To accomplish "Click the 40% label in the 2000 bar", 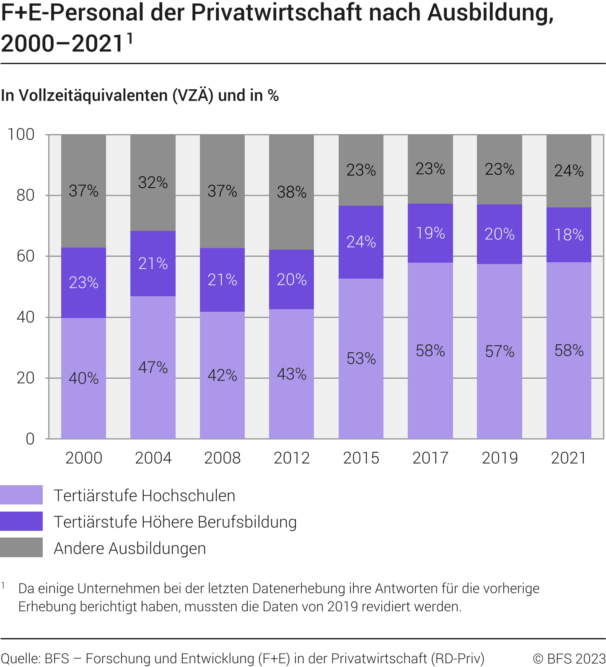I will click(83, 378).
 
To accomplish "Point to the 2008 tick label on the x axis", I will click(222, 458).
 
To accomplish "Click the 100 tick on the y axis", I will click(21, 134).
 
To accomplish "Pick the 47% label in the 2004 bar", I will click(153, 367).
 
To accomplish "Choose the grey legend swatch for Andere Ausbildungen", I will click(21, 548).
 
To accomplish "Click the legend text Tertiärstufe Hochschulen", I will click(144, 496).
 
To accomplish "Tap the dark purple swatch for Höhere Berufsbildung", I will click(21, 521).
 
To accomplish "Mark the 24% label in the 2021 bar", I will click(569, 171).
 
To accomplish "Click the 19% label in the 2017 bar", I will click(430, 233).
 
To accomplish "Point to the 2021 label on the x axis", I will click(568, 458).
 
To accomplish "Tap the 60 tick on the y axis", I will click(25, 256).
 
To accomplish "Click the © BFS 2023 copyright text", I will click(569, 659).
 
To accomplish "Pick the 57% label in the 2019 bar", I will click(500, 351).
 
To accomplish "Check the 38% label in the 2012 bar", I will click(291, 192).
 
